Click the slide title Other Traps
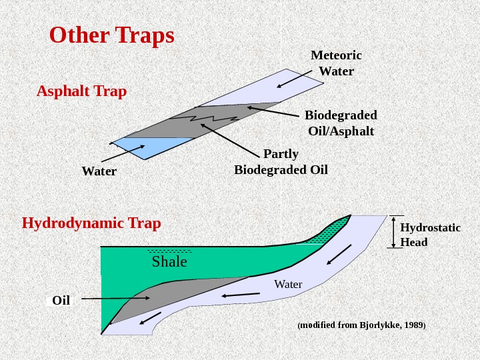click(112, 36)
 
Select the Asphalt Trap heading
click(81, 91)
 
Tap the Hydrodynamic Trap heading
click(91, 223)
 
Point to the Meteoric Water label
click(336, 63)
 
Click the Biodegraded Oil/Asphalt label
click(341, 122)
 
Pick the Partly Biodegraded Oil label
click(281, 162)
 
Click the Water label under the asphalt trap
click(99, 171)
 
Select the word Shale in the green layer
click(169, 261)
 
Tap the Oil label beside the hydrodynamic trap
click(61, 301)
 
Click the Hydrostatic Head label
click(430, 235)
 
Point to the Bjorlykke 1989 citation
click(361, 325)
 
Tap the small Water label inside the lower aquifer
click(288, 285)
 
